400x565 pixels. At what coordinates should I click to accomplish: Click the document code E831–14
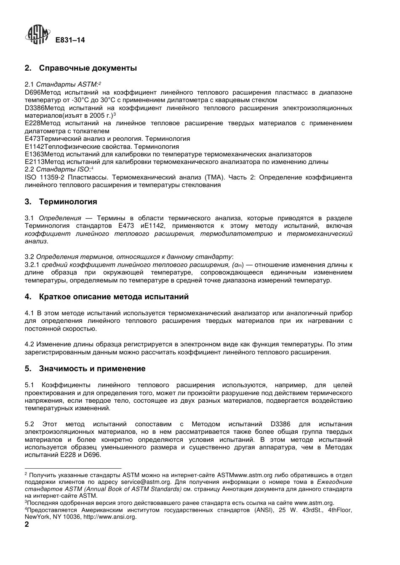70,40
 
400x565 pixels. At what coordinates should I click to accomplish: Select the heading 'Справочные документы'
88,68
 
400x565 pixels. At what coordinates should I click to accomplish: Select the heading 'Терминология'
68,202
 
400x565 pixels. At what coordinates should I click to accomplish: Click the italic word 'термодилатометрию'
236,234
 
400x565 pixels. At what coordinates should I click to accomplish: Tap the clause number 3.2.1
32,265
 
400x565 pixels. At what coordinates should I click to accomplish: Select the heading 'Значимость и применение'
92,369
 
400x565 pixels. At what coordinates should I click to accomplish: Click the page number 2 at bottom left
27,525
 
